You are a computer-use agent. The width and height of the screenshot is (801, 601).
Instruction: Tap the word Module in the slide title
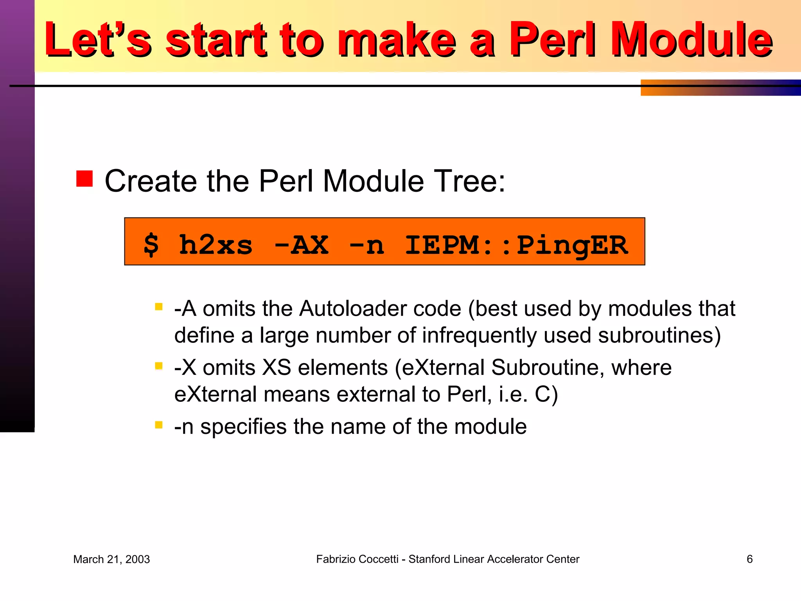click(x=691, y=40)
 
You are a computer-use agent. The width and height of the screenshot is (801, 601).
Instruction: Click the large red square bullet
click(x=84, y=179)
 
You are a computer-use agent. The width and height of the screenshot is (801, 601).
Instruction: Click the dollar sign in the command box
click(x=151, y=245)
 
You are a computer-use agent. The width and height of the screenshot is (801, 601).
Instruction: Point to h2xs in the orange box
click(x=216, y=245)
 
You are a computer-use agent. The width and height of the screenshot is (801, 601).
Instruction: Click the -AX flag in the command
click(x=301, y=245)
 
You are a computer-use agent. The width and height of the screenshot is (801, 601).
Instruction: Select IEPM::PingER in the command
click(x=516, y=245)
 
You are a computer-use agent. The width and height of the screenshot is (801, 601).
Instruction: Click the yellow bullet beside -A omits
click(x=159, y=307)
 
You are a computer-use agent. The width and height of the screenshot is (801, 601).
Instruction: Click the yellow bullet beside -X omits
click(x=159, y=366)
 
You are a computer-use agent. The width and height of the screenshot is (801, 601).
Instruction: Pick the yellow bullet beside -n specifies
click(x=159, y=425)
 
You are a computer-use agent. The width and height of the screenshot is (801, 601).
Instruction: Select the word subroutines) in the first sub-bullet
click(x=659, y=336)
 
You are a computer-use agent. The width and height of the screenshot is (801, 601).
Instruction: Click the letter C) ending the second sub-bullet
click(x=546, y=394)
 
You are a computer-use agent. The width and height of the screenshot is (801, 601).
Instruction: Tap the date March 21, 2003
click(x=111, y=560)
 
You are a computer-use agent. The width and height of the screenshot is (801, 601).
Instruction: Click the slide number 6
click(x=749, y=559)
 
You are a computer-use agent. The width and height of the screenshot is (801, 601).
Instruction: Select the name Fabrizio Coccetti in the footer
click(x=357, y=560)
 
